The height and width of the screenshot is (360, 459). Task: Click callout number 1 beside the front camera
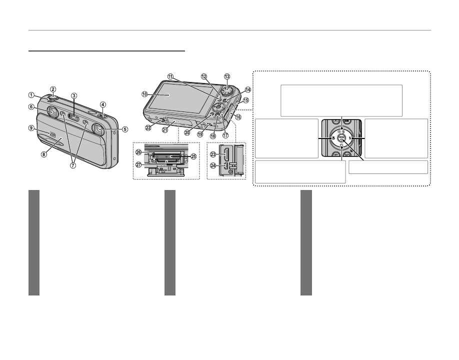(30, 95)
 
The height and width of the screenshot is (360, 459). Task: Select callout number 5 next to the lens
(125, 128)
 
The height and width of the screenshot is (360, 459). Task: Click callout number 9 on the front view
(31, 128)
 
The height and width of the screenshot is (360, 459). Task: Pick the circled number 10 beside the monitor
(144, 93)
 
